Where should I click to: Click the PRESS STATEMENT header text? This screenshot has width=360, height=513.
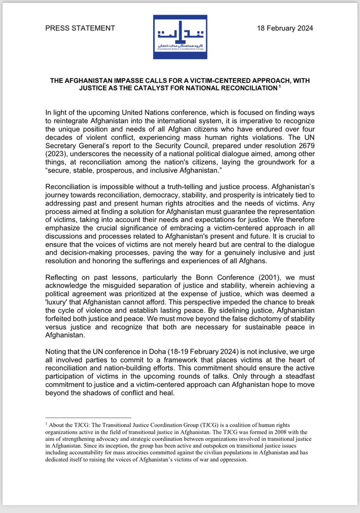tap(80, 28)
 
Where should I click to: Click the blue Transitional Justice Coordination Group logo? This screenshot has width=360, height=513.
tap(180, 37)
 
